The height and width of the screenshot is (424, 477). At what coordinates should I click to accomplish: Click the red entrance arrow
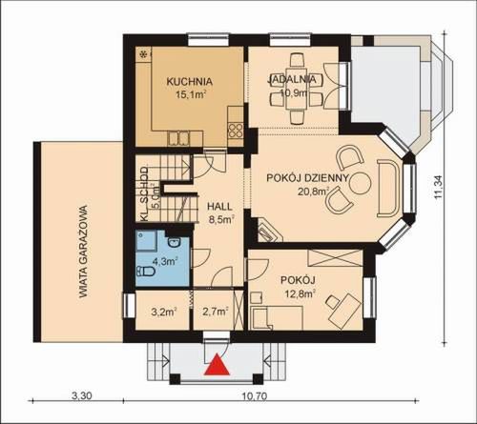pos(219,365)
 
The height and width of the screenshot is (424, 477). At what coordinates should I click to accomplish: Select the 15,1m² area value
pos(188,95)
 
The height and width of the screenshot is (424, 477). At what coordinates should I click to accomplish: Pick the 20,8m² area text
pos(309,192)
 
